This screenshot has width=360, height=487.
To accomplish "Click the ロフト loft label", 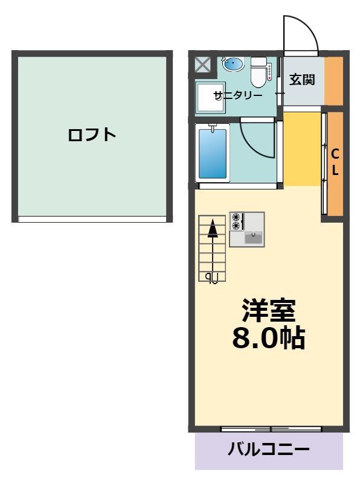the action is pyautogui.click(x=92, y=135).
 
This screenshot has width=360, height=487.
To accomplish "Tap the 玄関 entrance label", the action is pyautogui.click(x=302, y=80).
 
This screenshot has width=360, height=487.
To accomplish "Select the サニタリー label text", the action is pyautogui.click(x=238, y=95).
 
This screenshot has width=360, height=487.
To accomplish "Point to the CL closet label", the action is pyautogui.click(x=335, y=162).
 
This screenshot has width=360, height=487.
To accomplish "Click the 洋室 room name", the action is pyautogui.click(x=269, y=310).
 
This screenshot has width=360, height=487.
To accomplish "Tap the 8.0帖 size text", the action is pyautogui.click(x=269, y=338).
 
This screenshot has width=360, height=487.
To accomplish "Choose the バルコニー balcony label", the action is pyautogui.click(x=269, y=450).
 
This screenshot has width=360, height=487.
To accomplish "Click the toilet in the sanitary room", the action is pyautogui.click(x=259, y=72).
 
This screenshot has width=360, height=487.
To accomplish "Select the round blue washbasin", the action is pyautogui.click(x=233, y=64).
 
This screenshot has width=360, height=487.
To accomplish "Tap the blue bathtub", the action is pyautogui.click(x=213, y=153).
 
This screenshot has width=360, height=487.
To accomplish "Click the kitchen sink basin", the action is pyautogui.click(x=254, y=238).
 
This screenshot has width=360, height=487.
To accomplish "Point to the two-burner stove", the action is pyautogui.click(x=237, y=221).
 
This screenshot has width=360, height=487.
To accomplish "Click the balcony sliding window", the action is pyautogui.click(x=271, y=429).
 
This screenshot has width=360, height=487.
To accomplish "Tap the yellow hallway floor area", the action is pyautogui.click(x=302, y=149).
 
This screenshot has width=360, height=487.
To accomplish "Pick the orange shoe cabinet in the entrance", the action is pyautogui.click(x=334, y=81).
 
